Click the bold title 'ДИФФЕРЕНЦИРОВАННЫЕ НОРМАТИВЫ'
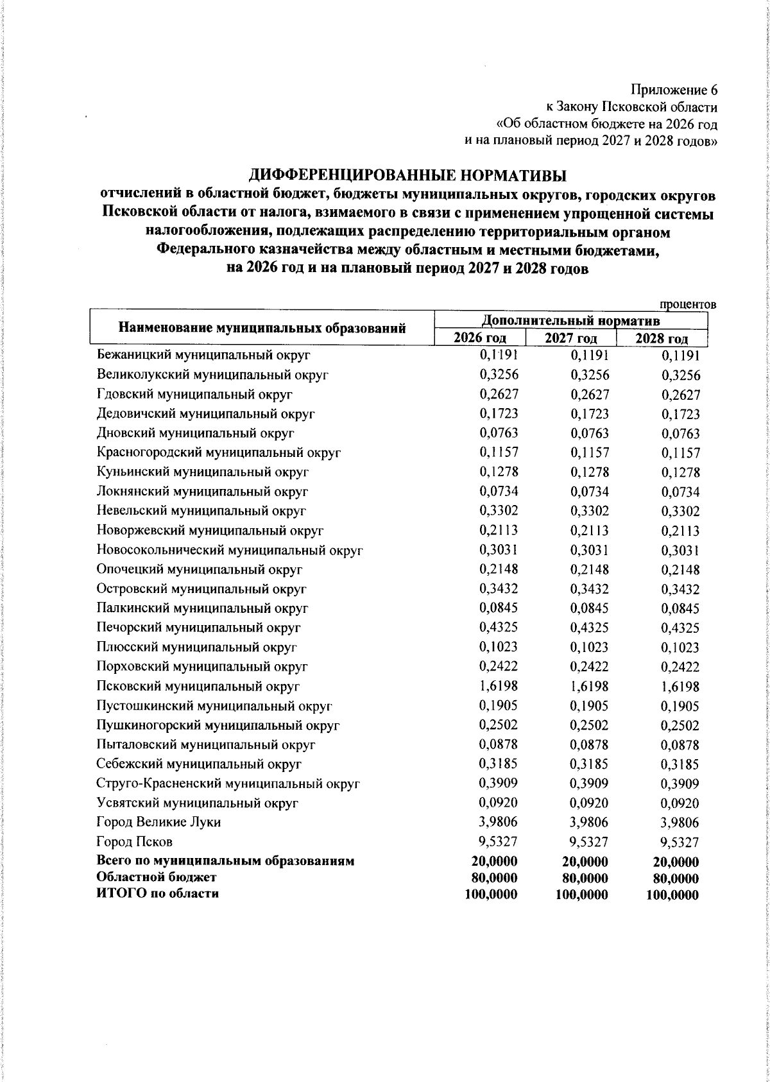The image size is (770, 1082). [409, 175]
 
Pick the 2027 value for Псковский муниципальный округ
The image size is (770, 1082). [589, 686]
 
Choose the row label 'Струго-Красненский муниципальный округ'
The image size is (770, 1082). [228, 784]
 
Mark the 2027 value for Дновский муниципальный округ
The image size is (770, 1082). [589, 433]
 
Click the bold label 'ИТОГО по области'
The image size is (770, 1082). [157, 893]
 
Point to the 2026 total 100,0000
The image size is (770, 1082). [492, 894]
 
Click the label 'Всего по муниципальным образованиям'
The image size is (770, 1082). [225, 861]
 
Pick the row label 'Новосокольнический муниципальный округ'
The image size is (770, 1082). [230, 550]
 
